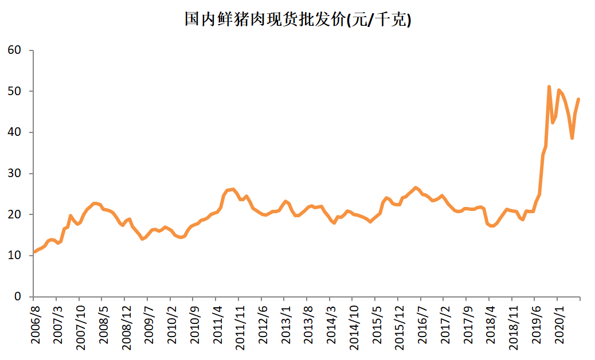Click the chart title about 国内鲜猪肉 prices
297,20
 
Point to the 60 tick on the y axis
15,50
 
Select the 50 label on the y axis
15,92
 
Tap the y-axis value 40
15,132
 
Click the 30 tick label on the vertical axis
15,174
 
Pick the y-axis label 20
15,214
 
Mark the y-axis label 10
15,256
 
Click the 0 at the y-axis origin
18,297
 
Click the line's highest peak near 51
549,87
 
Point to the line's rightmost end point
578,99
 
